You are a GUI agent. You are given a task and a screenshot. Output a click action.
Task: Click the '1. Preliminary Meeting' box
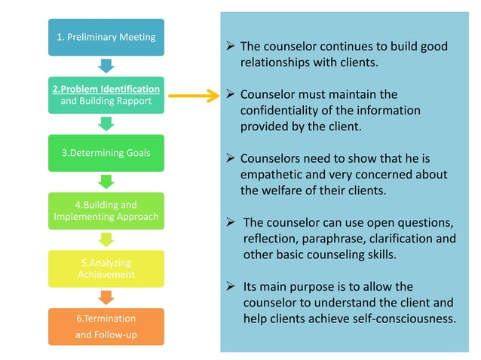pos(106,37)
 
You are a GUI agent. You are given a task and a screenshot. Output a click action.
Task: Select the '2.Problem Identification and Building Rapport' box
pos(106,95)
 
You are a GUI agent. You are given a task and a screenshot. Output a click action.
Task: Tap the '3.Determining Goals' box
pos(106,153)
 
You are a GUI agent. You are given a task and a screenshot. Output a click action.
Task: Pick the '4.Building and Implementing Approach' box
pos(106,211)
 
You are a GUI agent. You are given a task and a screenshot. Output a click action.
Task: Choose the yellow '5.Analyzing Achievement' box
pos(106,269)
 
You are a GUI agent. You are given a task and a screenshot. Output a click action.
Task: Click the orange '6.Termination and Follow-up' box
pos(106,327)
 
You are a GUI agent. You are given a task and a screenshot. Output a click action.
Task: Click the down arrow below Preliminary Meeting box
pos(106,66)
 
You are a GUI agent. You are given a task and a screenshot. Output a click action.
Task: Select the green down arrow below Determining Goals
pos(106,182)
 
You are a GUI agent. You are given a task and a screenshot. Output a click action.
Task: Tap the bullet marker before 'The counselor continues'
pos(231,47)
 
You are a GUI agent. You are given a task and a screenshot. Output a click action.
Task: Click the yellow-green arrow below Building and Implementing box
pos(106,239)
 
